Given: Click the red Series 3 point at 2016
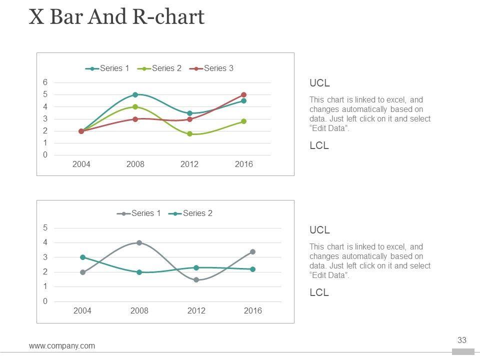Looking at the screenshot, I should (243, 94).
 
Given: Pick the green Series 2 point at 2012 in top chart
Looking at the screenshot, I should (189, 134).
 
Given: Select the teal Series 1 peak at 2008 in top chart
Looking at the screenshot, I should (135, 94).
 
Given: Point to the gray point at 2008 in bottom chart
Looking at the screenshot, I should (139, 242).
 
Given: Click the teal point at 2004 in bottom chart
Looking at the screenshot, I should (82, 257).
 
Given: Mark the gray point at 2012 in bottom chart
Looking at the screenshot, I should (196, 279).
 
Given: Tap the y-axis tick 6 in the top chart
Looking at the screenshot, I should (45, 82).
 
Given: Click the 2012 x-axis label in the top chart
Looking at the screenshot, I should (189, 164).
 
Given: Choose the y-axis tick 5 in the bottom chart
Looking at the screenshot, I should (45, 227).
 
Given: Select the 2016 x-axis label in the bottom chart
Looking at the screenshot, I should (252, 311).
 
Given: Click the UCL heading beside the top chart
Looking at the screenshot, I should (319, 83).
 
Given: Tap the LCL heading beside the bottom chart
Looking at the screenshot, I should (319, 292).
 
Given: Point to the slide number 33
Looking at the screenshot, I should (462, 340).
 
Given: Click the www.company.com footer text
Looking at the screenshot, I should (62, 345).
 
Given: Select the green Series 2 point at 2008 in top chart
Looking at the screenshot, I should (135, 106).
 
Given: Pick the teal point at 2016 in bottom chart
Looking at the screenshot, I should (252, 269).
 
